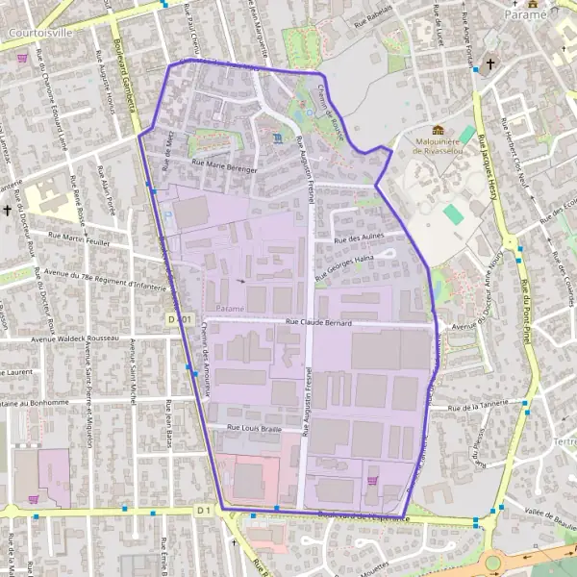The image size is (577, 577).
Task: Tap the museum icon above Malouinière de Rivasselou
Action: click(439, 130)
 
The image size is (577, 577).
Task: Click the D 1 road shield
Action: click(203, 509)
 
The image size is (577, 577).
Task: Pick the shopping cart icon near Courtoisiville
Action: click(22, 58)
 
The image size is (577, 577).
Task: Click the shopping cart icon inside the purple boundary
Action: click(372, 479)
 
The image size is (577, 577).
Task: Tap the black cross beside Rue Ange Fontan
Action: click(490, 64)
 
